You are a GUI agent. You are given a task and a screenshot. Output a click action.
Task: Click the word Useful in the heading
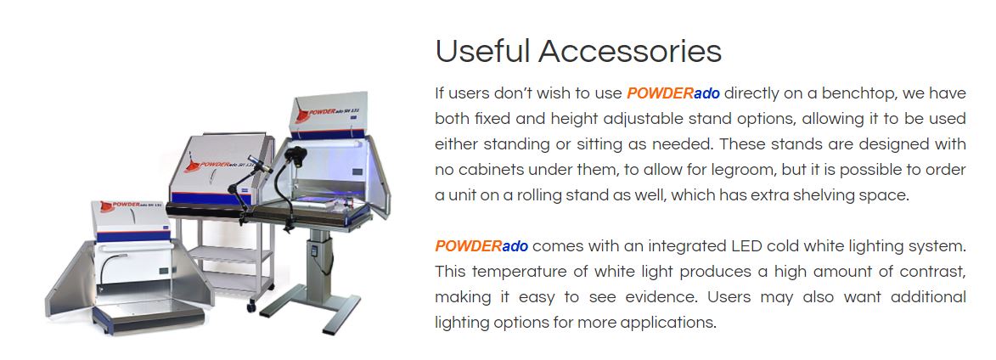[483, 51]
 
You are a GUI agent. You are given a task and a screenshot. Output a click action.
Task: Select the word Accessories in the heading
[630, 51]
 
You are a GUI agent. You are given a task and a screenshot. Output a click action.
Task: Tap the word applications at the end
[668, 323]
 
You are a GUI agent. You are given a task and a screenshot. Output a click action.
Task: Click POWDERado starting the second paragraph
[481, 245]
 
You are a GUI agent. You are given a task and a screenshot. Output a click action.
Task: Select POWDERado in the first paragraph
[673, 94]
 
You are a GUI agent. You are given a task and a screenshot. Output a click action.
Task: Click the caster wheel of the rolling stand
[250, 307]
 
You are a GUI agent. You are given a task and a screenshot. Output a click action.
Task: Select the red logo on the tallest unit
[304, 115]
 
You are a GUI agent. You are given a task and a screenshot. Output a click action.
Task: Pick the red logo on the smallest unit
[106, 206]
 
